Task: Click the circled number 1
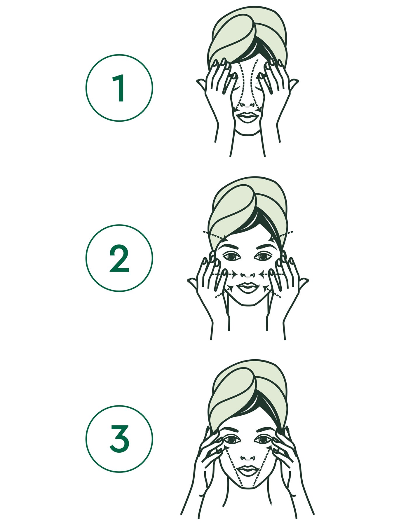(x=119, y=88)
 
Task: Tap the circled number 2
(x=119, y=258)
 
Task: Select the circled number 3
(x=119, y=439)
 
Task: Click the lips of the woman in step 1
(x=247, y=118)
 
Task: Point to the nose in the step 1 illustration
(x=247, y=104)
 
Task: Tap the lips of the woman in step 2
(x=247, y=288)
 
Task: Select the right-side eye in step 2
(x=263, y=257)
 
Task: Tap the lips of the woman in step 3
(x=247, y=470)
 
